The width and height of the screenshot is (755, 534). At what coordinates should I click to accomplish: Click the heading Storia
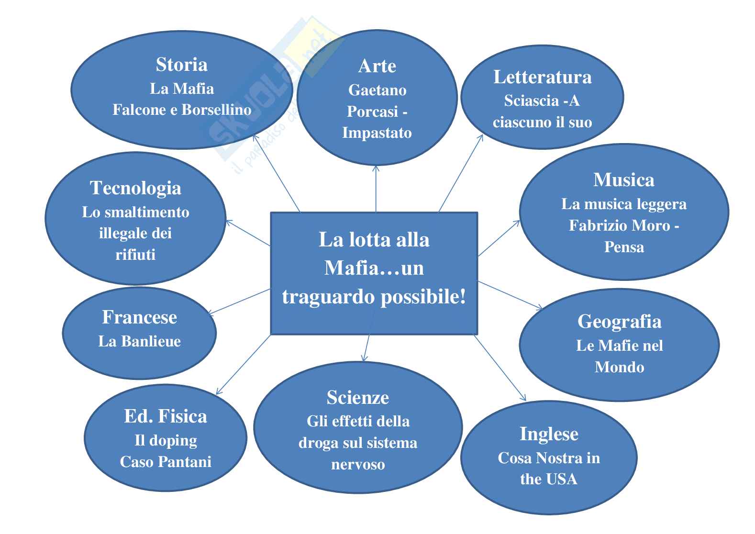coord(181,65)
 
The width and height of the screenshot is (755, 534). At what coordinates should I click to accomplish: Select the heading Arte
coord(377,66)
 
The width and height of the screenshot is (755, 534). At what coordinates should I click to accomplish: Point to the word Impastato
coord(377,133)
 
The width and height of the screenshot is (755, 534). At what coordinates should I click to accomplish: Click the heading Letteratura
coord(542,77)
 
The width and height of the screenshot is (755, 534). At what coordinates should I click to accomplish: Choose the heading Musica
coord(624,180)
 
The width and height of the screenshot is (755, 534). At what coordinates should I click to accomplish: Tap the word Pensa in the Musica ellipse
coord(624,247)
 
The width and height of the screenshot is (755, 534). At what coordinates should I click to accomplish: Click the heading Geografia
coord(619,322)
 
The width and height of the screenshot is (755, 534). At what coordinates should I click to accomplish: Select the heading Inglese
coord(549,434)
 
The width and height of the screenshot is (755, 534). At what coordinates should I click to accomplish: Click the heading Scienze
coord(358,398)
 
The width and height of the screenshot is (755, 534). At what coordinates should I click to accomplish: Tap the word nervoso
coord(358,464)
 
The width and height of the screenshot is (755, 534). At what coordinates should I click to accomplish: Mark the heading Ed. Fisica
coord(166,416)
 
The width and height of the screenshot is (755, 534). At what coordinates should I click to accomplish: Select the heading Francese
coord(139,317)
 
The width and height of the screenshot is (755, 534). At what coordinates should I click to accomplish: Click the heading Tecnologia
coord(135,188)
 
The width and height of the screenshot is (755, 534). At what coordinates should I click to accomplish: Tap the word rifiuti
coord(135,255)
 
